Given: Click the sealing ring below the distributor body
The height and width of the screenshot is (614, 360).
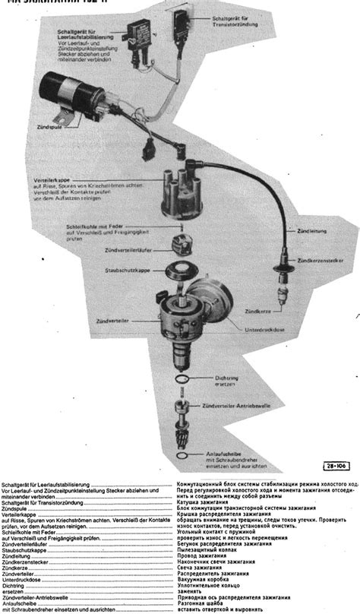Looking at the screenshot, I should tap(182, 378).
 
